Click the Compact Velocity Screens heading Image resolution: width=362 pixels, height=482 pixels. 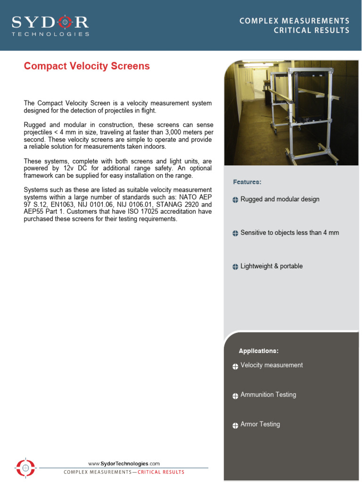coord(87,66)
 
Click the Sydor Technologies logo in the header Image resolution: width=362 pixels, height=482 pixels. coord(50,25)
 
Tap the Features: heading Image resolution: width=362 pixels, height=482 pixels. coord(247,182)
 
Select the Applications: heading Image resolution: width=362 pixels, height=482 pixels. coord(258,351)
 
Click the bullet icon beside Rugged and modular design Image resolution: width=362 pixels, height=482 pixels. coord(235,200)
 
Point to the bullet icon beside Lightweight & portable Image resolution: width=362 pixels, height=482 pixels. coord(235,267)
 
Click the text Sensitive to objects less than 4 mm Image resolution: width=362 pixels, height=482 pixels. coord(289,233)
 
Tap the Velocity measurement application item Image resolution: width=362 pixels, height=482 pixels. coord(271,365)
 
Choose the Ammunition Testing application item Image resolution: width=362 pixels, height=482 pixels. coord(268,394)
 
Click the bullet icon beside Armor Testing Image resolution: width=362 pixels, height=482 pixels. coord(235,426)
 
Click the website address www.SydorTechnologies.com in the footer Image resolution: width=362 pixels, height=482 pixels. coord(124,464)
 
